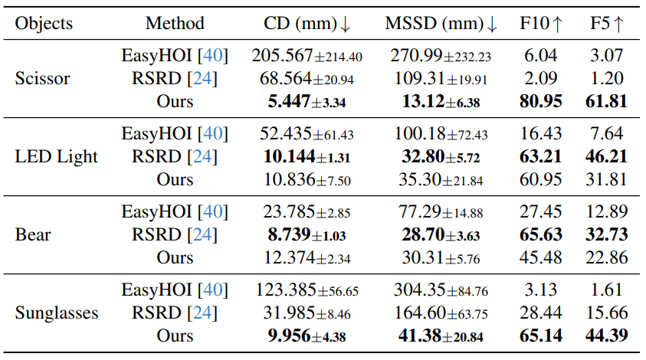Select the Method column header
point(175,23)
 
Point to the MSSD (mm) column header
point(441,23)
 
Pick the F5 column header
point(607,23)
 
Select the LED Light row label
point(56,156)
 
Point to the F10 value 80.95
point(540,101)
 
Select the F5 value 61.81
point(607,101)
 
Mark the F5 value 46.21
point(607,156)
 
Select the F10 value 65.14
point(540,335)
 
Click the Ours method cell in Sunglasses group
point(175,335)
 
